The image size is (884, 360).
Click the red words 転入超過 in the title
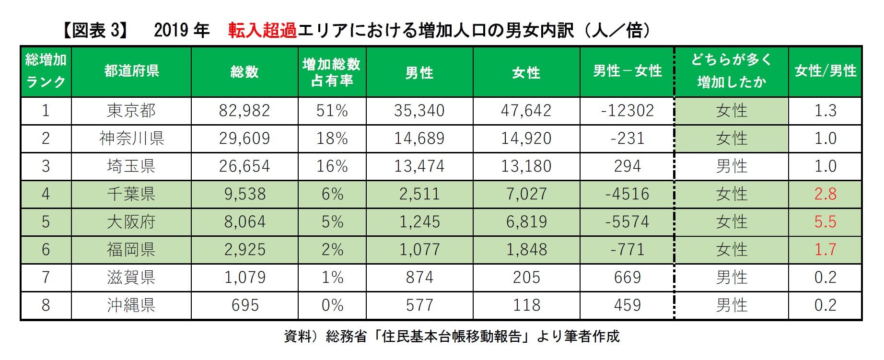[262, 30]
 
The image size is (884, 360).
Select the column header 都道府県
[131, 71]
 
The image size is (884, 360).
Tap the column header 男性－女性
[627, 71]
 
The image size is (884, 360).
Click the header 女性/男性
[825, 71]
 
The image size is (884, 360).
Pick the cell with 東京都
[131, 111]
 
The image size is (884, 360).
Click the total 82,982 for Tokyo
[244, 111]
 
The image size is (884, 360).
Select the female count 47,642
[526, 111]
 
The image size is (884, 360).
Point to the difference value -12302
[627, 111]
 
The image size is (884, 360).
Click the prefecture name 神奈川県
[131, 139]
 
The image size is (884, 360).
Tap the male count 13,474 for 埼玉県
[419, 166]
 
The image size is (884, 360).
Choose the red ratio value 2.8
[825, 194]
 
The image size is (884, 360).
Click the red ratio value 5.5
[825, 222]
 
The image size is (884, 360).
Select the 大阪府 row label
[131, 222]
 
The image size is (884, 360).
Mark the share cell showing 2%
[332, 250]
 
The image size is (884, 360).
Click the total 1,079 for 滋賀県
[244, 278]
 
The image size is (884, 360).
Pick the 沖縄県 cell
[131, 305]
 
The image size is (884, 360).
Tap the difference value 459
[627, 305]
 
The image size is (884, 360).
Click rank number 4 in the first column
[46, 194]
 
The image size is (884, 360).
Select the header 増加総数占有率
[332, 72]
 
